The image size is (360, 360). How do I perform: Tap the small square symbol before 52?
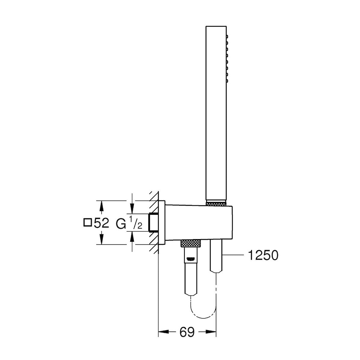[87, 223]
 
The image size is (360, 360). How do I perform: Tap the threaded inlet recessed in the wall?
[154, 223]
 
